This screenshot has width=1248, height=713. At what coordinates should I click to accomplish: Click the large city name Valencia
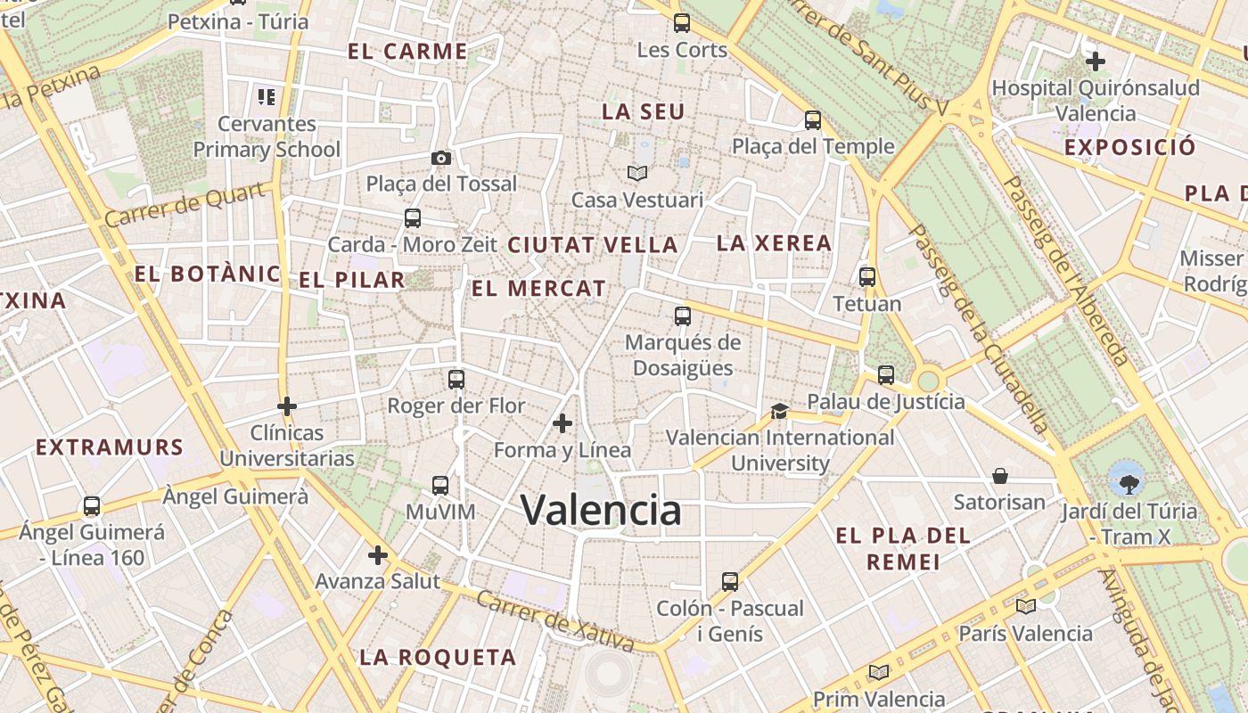click(x=601, y=510)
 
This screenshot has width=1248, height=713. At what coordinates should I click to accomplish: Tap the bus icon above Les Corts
click(x=682, y=23)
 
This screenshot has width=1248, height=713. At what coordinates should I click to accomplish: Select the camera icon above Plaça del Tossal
click(x=440, y=158)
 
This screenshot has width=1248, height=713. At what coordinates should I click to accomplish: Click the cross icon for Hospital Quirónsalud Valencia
click(x=1096, y=61)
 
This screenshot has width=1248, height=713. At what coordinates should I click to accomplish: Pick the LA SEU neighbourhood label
click(x=643, y=112)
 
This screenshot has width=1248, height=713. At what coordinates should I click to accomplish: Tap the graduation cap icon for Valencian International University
click(x=779, y=411)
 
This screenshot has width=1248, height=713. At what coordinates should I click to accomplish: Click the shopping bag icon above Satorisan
click(x=999, y=476)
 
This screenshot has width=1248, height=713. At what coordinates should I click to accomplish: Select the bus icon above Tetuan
click(x=867, y=277)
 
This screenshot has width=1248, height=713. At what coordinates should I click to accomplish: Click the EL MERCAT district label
click(x=538, y=289)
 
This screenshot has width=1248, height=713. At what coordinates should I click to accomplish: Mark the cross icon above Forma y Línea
click(x=562, y=423)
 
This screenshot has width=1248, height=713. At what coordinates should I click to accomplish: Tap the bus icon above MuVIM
click(x=440, y=486)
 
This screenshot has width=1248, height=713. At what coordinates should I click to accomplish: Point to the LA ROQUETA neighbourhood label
click(x=438, y=658)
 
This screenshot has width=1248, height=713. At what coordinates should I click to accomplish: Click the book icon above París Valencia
click(x=1025, y=607)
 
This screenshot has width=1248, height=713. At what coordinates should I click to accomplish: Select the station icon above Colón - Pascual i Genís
click(x=730, y=582)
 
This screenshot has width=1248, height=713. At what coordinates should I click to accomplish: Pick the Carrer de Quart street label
click(x=185, y=205)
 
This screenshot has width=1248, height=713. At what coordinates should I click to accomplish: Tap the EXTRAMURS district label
click(x=110, y=447)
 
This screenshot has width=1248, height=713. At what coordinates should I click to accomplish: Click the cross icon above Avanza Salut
click(x=378, y=555)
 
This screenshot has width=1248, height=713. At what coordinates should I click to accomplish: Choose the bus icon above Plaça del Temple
click(x=813, y=120)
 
